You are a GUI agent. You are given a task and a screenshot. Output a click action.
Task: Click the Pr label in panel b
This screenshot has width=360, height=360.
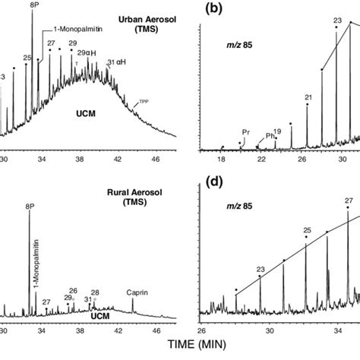click(245, 131)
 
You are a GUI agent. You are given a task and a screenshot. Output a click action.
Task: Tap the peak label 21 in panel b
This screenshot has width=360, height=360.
click(308, 97)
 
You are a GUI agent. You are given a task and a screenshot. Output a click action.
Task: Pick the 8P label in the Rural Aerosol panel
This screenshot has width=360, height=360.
click(30, 204)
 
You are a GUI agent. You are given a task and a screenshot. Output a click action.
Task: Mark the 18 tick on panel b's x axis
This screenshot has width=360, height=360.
click(221, 160)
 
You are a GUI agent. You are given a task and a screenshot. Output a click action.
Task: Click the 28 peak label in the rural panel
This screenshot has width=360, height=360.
click(95, 292)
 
